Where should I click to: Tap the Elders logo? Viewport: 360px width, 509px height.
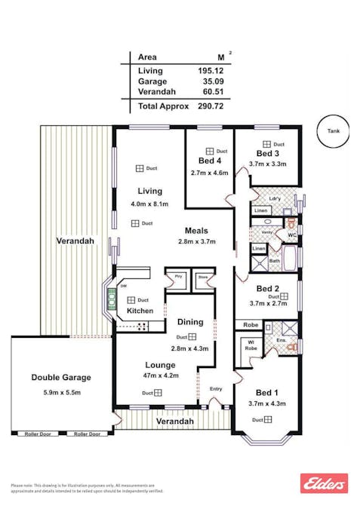(x=324, y=483)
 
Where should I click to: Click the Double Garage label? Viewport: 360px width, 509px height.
(x=60, y=377)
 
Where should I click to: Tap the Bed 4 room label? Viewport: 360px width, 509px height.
(x=210, y=161)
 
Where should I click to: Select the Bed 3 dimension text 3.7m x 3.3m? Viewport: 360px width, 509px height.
(x=267, y=164)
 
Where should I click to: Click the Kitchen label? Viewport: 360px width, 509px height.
(x=140, y=311)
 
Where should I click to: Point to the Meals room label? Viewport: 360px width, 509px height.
(x=196, y=231)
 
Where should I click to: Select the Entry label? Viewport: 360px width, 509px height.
(x=217, y=389)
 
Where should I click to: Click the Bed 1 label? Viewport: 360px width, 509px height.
(x=267, y=392)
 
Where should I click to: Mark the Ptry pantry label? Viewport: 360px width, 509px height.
(x=179, y=277)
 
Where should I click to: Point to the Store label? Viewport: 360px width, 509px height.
(x=202, y=277)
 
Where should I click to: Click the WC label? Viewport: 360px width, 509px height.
(x=291, y=235)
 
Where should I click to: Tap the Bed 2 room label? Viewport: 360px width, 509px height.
(x=267, y=288)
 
